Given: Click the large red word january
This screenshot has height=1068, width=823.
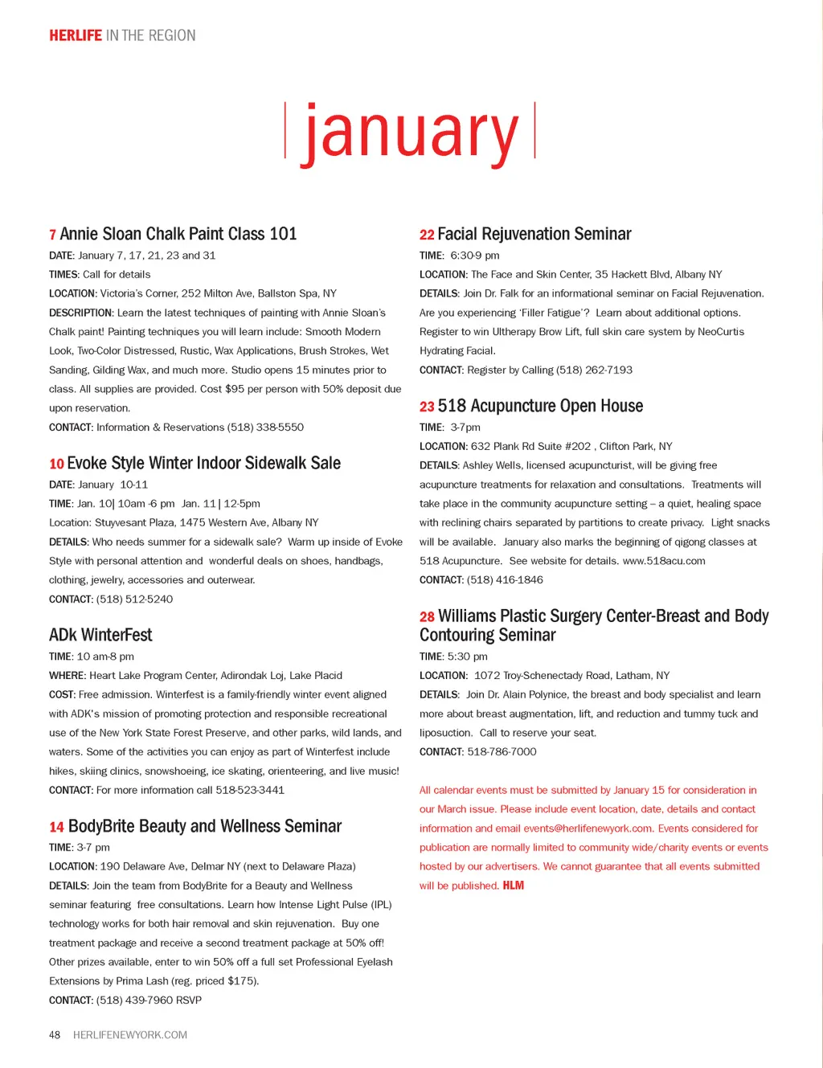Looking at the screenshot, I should (x=410, y=133).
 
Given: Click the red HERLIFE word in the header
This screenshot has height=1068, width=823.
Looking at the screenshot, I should (x=76, y=35).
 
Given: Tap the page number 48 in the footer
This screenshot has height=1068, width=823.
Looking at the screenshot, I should (x=55, y=1035).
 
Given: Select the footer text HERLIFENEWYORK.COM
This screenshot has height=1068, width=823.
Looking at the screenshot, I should (x=130, y=1035).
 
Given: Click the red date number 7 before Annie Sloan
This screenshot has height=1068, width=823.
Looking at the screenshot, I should (x=52, y=235).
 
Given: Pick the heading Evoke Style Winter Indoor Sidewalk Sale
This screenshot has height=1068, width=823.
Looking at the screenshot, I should (x=203, y=463).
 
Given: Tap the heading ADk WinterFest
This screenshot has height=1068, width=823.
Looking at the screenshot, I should (x=100, y=635).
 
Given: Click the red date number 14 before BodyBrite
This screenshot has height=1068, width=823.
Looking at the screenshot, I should (x=56, y=827).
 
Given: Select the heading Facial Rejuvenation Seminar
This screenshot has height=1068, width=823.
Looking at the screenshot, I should (x=534, y=234).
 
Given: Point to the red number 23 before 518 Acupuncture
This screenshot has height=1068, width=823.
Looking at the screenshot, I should (x=427, y=407).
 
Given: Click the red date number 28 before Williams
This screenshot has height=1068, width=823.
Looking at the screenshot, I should (x=427, y=617).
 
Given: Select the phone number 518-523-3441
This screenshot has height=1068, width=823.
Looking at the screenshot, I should (x=250, y=790).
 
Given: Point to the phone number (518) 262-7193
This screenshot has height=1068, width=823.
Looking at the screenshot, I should (x=594, y=370).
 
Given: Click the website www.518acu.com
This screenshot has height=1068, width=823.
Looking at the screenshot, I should (x=664, y=561).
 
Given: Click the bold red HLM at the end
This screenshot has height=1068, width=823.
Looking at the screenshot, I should (x=514, y=886).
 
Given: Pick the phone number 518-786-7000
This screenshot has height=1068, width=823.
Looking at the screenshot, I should (x=502, y=752).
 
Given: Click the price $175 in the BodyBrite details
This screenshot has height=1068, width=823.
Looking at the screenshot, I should (x=242, y=981).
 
